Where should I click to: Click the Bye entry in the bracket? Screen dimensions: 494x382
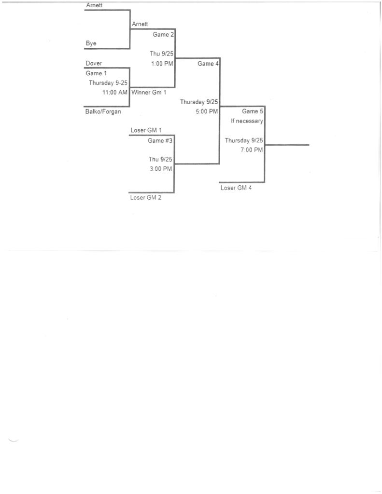(91, 43)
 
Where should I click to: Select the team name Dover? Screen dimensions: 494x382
(94, 63)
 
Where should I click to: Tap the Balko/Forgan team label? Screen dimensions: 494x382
(103, 111)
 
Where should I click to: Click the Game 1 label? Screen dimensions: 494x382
(97, 73)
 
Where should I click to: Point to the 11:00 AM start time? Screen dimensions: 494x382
(114, 92)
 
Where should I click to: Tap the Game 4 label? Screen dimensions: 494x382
(208, 63)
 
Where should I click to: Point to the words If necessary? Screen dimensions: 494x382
(247, 121)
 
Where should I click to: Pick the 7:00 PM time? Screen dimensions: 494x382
(252, 150)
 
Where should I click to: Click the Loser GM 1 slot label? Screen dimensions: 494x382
(146, 130)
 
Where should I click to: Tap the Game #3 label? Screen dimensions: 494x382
(160, 140)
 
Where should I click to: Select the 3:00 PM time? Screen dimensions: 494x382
(160, 169)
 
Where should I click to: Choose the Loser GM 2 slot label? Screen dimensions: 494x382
(146, 197)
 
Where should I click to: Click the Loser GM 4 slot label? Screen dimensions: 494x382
(236, 188)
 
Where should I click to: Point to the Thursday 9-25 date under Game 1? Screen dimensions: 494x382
(108, 83)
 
